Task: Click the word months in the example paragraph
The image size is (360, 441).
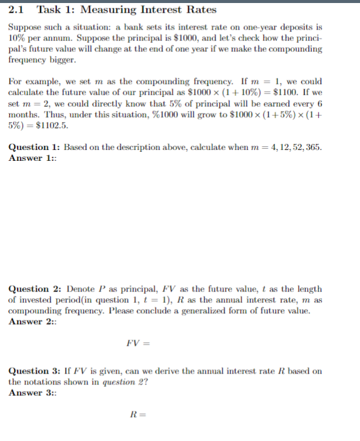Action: tap(24, 114)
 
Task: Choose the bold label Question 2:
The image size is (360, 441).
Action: tap(34, 289)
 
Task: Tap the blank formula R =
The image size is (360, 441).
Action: tap(138, 414)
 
